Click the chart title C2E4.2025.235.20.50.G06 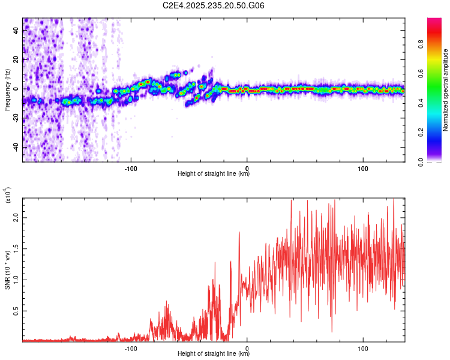pos(214,5)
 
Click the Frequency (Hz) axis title pos(7,90)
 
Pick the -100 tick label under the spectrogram pos(131,167)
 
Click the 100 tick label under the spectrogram pos(363,167)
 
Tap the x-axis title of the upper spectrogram pos(214,174)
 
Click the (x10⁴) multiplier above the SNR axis pos(8,196)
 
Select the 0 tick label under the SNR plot pos(247,347)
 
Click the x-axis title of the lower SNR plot pos(214,354)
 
